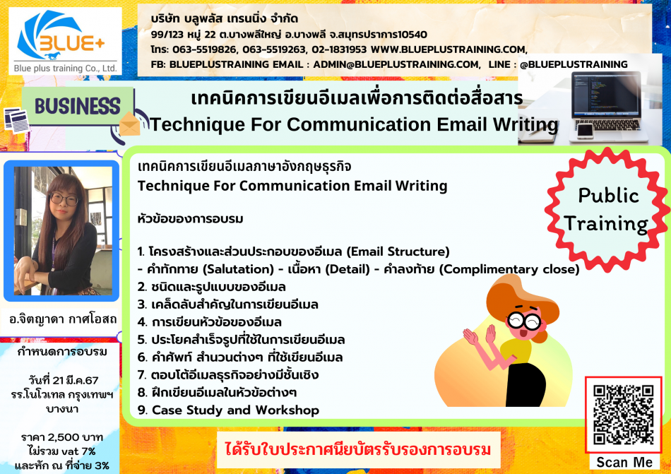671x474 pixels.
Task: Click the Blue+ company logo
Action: pyautogui.click(x=65, y=41)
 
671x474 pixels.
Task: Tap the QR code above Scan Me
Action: pyautogui.click(x=623, y=415)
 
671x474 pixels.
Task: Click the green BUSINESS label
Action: pyautogui.click(x=78, y=106)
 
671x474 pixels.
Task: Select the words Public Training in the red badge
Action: pyautogui.click(x=607, y=210)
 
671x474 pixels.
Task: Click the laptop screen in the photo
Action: pyautogui.click(x=606, y=95)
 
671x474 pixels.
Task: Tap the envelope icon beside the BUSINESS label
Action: pyautogui.click(x=130, y=124)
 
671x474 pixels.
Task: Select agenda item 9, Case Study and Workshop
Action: pyautogui.click(x=228, y=410)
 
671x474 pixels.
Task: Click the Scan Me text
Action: pyautogui.click(x=624, y=463)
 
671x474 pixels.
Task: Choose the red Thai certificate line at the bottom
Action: pyautogui.click(x=358, y=450)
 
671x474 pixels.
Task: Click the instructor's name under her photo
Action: pyautogui.click(x=62, y=319)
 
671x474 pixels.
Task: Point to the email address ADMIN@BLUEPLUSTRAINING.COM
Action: pyautogui.click(x=396, y=64)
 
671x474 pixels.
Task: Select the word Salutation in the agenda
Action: pyautogui.click(x=238, y=269)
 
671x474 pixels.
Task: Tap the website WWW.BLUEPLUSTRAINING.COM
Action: pyautogui.click(x=449, y=49)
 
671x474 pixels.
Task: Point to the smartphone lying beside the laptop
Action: pyautogui.click(x=585, y=131)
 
